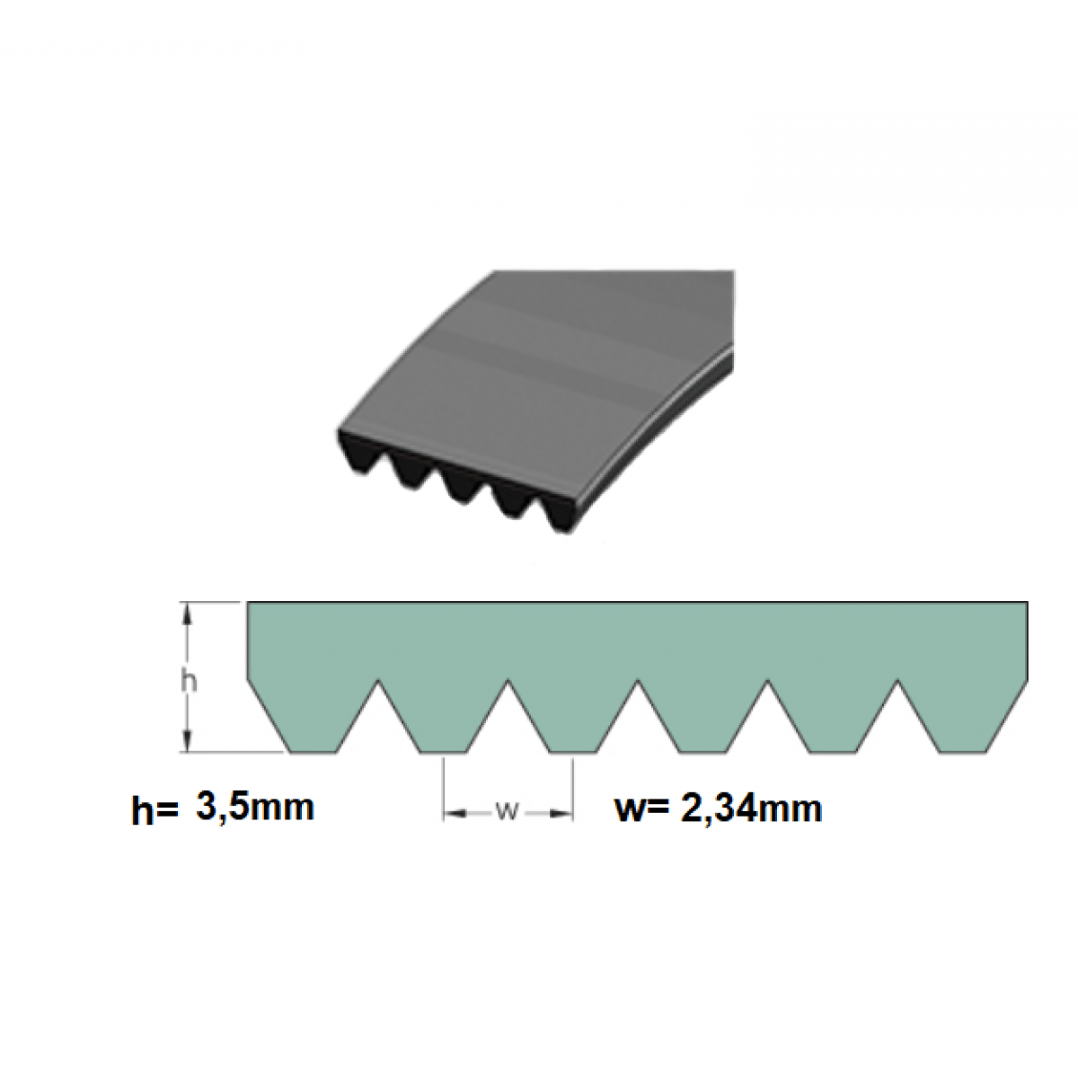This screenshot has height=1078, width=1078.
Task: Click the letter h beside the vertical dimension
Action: [189, 681]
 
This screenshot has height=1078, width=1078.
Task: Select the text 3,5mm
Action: [254, 807]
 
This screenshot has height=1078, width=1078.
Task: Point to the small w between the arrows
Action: [508, 811]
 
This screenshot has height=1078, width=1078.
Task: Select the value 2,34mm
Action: [751, 808]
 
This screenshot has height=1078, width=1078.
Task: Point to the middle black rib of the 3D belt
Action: [459, 485]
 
